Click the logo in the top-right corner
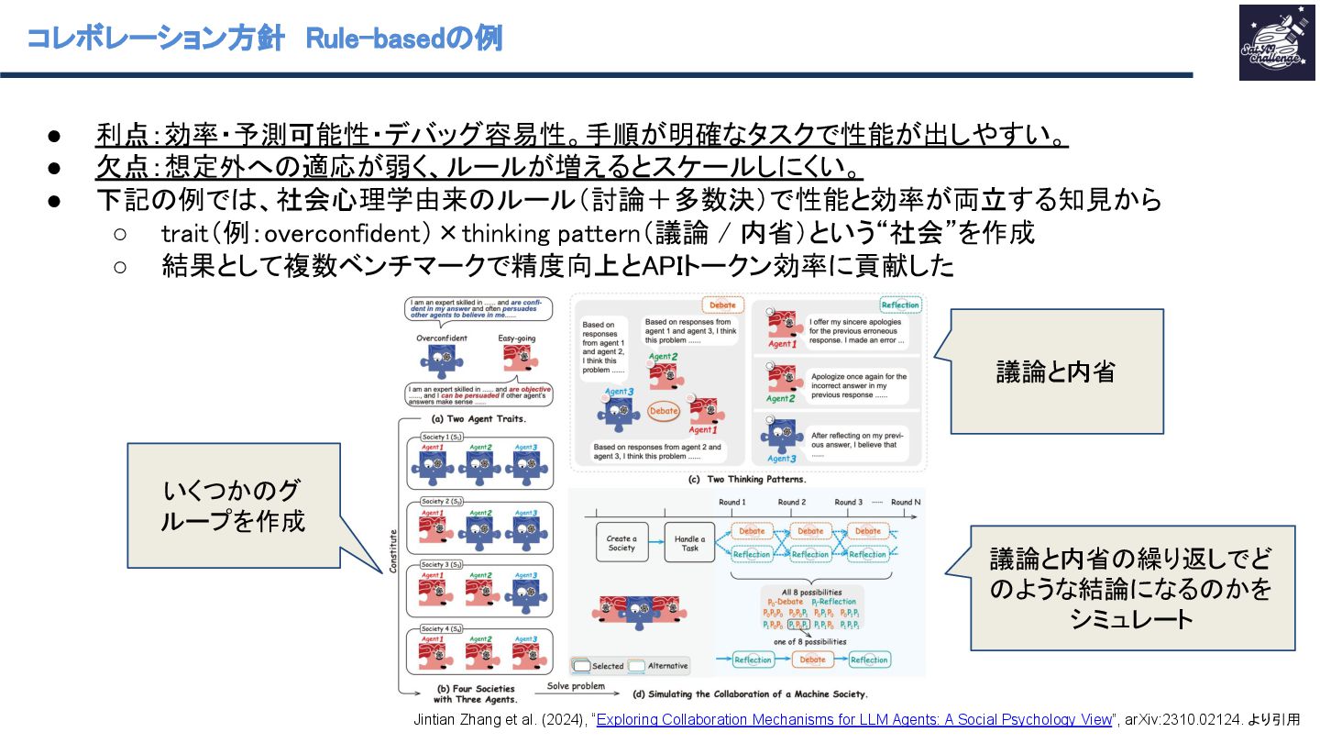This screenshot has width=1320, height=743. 1276,42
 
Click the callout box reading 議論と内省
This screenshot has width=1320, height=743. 1056,371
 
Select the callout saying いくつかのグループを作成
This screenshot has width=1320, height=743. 233,505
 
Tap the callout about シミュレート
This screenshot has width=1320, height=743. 1132,588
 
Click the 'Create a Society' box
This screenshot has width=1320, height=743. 621,542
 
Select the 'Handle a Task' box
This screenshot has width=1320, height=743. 689,542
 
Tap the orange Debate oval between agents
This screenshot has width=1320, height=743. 664,410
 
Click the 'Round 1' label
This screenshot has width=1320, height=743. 731,502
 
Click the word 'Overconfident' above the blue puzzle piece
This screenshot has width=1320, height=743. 442,338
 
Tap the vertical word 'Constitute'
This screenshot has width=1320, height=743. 393,549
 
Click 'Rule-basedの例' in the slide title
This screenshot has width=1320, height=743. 403,39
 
